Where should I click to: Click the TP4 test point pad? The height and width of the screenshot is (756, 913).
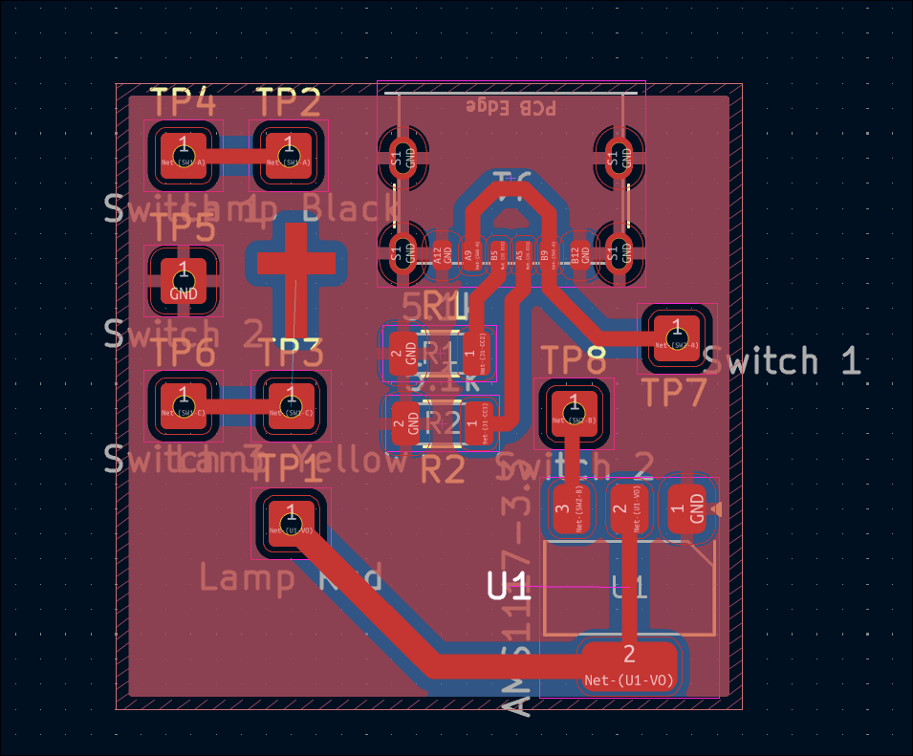click(x=184, y=155)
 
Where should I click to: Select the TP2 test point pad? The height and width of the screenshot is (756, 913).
click(x=289, y=155)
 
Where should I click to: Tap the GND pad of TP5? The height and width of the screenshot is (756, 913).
click(x=184, y=281)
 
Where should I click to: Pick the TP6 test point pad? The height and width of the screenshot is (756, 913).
click(x=184, y=405)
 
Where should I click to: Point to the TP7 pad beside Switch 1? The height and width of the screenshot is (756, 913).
click(x=676, y=338)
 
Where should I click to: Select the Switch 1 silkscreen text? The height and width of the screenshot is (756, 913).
click(x=782, y=361)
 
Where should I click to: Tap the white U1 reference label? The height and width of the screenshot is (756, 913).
click(x=509, y=586)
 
